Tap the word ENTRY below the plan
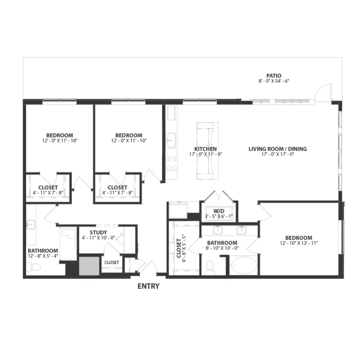pos(148,286)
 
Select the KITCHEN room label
pos(205,149)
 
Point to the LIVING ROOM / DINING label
pos(278,149)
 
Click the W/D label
pos(218,211)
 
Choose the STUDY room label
pos(98,232)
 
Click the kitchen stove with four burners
pos(172,163)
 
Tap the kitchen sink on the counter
pos(172,140)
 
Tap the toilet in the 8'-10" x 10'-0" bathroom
pos(210,267)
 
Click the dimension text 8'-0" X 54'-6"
pos(274,81)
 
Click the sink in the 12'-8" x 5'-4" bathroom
pos(30,224)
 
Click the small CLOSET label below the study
pos(111,262)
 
